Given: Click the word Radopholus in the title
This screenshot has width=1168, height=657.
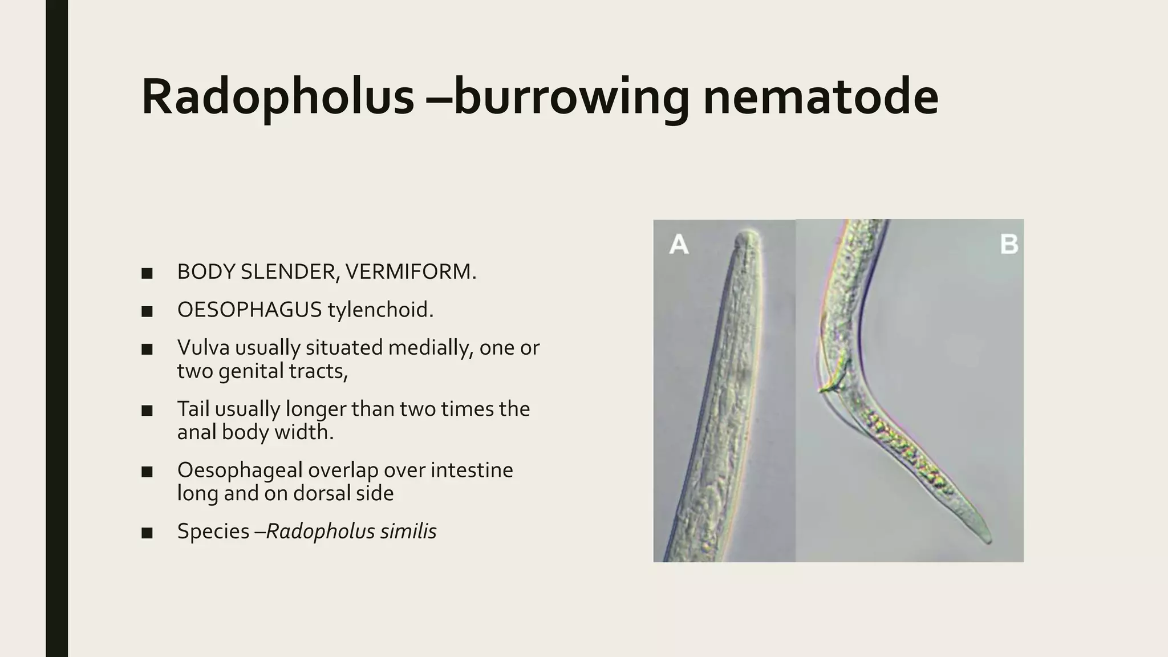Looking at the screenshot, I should point(278,97).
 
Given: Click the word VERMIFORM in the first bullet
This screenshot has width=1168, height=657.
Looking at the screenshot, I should point(410,272).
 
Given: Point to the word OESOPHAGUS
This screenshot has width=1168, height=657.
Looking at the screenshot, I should point(250,310).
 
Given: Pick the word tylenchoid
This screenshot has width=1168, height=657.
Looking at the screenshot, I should point(380,310).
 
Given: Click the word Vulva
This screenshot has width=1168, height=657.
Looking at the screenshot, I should point(202,347).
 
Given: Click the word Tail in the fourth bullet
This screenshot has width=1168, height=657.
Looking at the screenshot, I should point(193,409).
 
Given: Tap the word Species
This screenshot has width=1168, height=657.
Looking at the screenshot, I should point(213,532).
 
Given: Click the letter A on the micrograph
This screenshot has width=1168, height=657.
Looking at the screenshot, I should point(679,245).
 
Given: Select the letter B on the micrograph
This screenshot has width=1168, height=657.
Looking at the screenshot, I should point(1009,245).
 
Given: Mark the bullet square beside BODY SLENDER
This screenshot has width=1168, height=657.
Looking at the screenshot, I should point(147,273).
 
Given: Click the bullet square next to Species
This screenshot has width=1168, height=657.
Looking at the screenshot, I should point(147,533).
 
